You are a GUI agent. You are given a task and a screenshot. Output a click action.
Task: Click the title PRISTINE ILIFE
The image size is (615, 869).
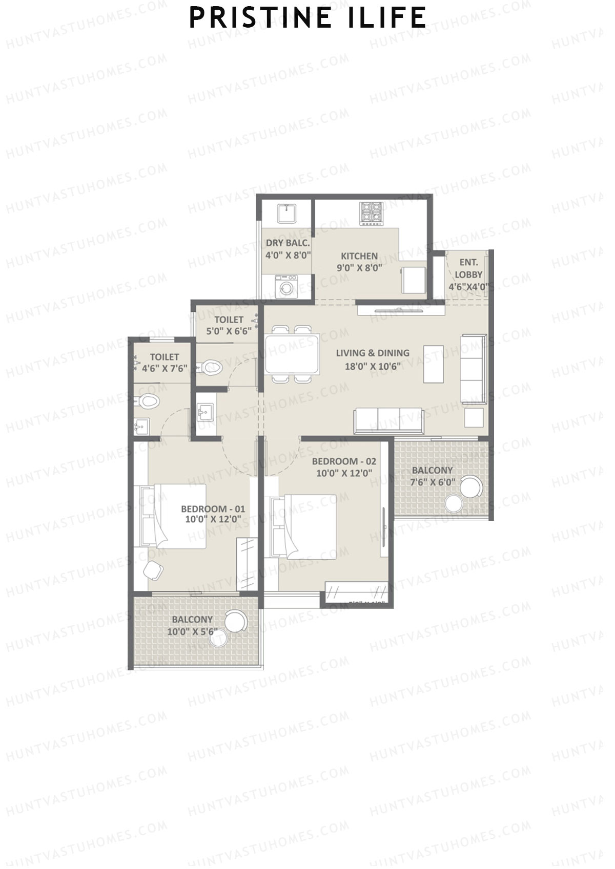[x=307, y=18]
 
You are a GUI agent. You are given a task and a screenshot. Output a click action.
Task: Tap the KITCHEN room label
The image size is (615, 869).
[x=359, y=256]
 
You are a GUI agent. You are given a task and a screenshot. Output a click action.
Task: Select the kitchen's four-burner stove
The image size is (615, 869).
[x=372, y=213]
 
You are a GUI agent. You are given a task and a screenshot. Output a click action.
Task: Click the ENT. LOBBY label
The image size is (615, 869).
[x=468, y=269]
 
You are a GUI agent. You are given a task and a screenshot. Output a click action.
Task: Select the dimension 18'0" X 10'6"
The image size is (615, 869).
[x=373, y=366]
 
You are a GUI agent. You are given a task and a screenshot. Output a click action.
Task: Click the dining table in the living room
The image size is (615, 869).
[x=292, y=353]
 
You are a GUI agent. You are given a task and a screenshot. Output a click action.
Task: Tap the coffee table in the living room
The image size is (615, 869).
[x=433, y=364]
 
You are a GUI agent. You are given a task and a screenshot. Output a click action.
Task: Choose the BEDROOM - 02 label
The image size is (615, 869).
[x=344, y=461]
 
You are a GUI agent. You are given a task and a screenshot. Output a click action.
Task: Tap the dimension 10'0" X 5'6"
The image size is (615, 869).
[x=192, y=632]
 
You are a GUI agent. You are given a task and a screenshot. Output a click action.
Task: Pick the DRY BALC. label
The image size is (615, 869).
[x=288, y=243]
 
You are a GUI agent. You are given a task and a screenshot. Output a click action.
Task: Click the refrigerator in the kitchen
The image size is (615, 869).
[x=413, y=280]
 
